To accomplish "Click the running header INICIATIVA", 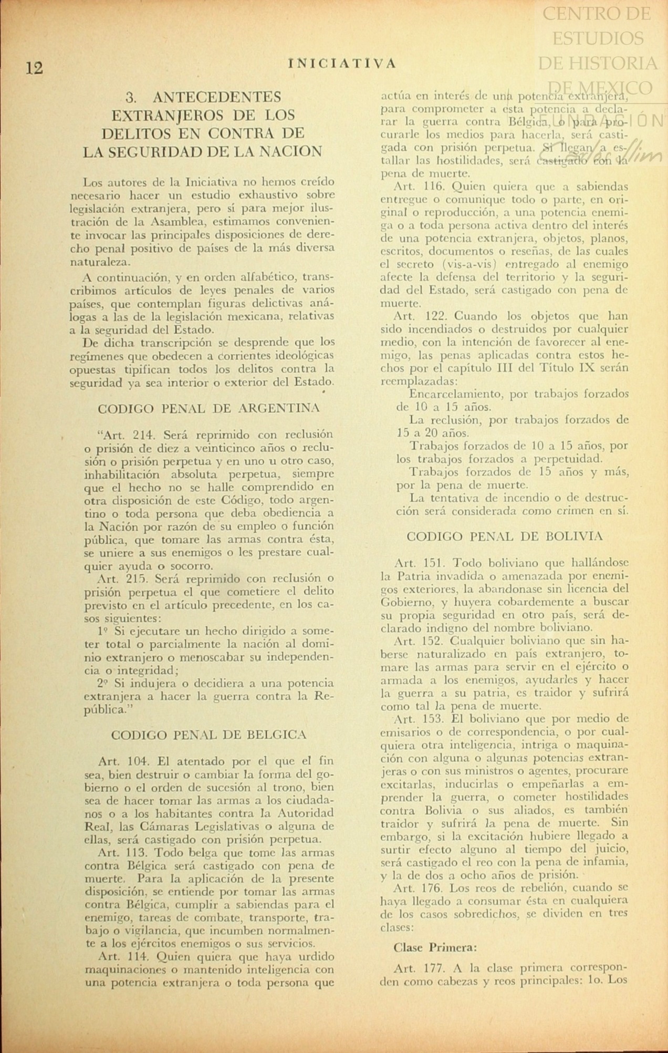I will [342, 64].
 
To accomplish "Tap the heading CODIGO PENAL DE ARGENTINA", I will [208, 408].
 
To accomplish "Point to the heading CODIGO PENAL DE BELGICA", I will [208, 735].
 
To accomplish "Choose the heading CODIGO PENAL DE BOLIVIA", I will [505, 536].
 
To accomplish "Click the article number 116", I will [434, 187].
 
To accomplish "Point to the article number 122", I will [435, 316].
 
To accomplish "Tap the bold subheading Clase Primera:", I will [435, 948].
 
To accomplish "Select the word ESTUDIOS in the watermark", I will [598, 38].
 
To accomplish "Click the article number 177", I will [434, 968].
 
